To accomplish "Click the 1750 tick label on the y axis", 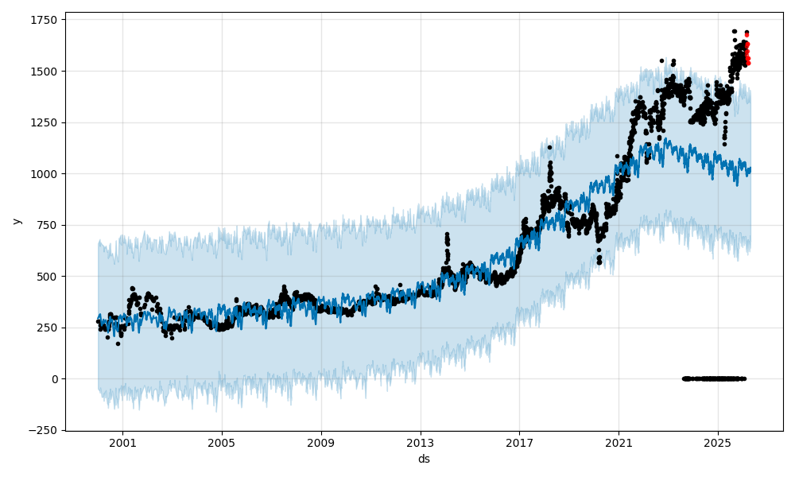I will click(45, 20).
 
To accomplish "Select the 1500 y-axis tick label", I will click(45, 72).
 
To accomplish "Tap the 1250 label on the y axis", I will click(45, 122).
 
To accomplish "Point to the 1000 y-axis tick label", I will click(45, 174).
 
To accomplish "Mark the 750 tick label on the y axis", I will click(48, 225).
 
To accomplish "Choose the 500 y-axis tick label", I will click(48, 277).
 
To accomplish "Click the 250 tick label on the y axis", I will click(48, 328).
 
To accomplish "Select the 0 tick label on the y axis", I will click(55, 379).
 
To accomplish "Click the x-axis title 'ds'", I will click(424, 459).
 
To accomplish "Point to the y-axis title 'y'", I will click(17, 221).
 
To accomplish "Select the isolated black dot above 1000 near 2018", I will click(549, 147).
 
